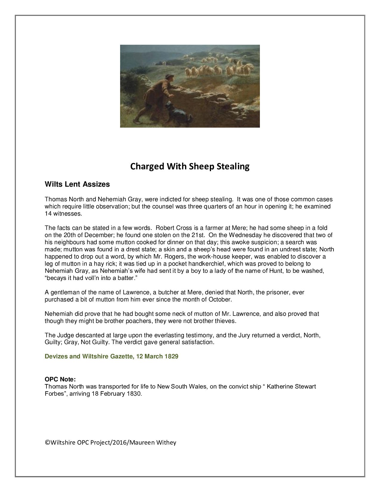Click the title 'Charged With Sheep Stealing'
190,166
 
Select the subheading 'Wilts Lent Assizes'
77,184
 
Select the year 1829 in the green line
172,356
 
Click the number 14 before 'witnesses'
48,213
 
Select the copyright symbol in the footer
47,443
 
